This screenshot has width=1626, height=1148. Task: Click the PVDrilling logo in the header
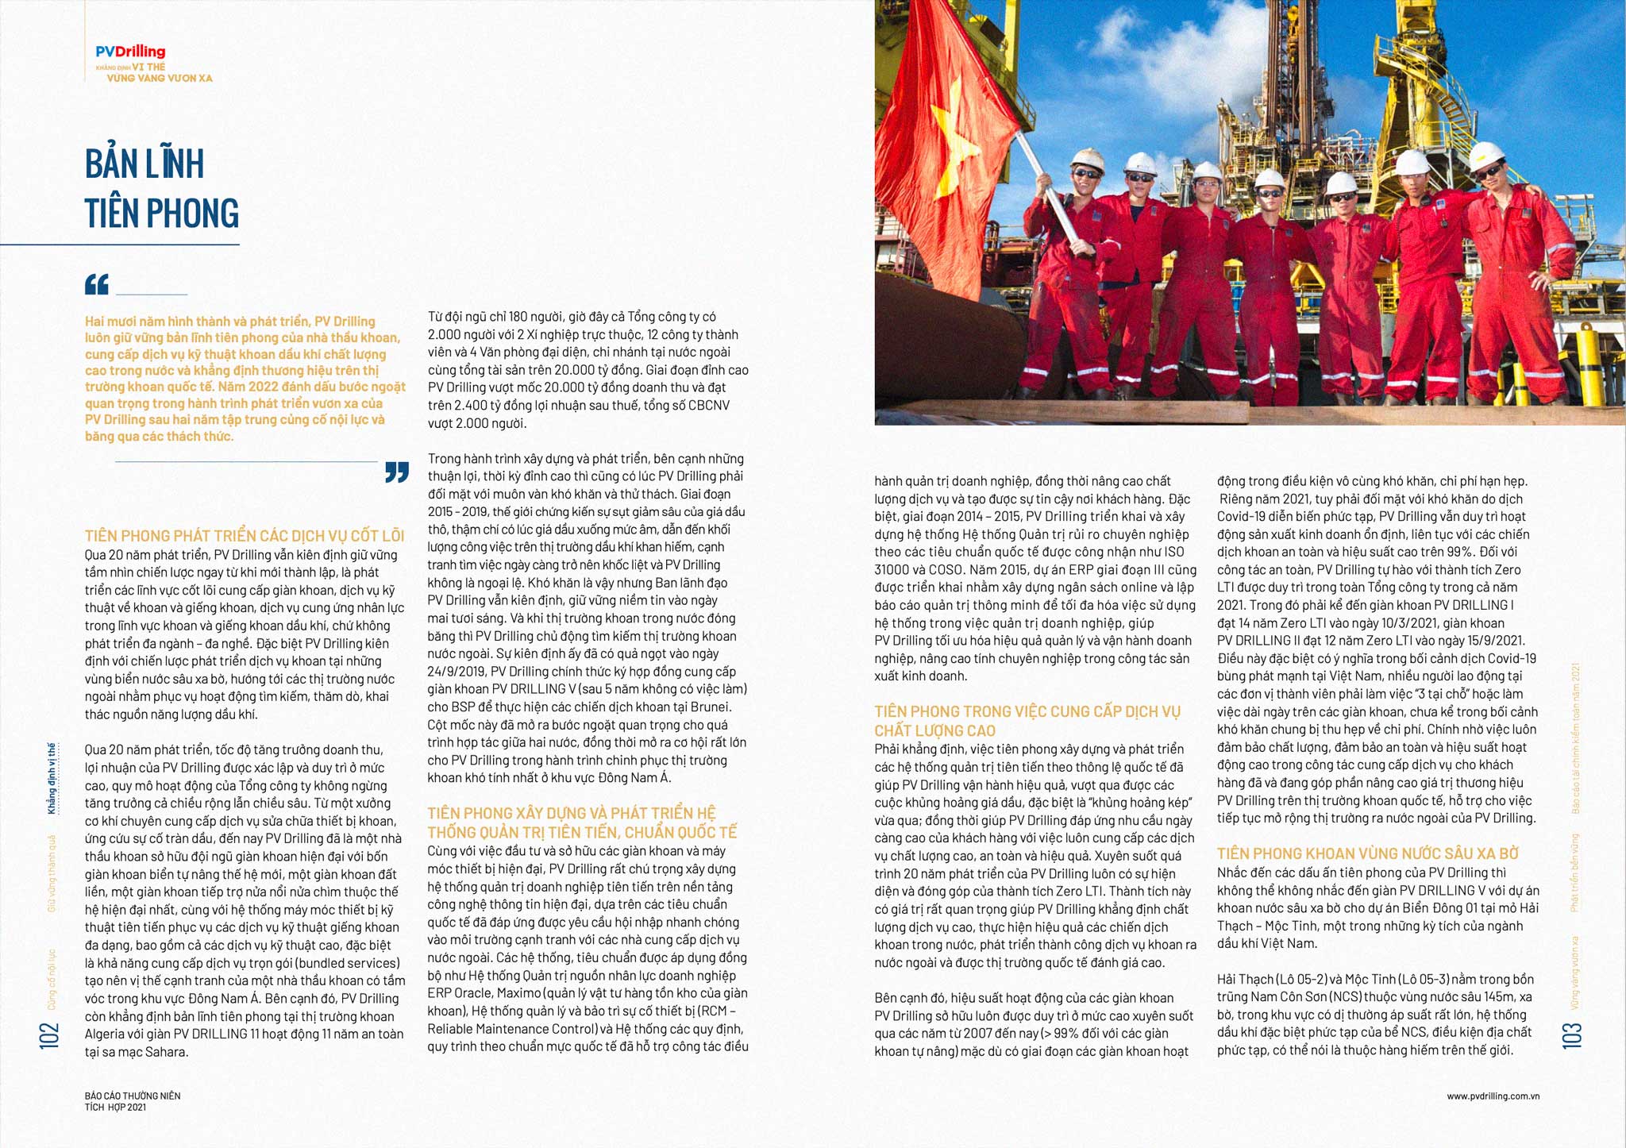[130, 52]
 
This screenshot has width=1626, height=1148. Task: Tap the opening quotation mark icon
[97, 284]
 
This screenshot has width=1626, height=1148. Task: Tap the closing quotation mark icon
[397, 472]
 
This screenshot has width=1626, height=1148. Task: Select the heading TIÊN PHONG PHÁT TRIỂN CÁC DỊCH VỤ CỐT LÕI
[245, 536]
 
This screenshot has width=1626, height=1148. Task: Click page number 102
[49, 1035]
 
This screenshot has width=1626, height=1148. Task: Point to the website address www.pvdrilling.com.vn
[1493, 1096]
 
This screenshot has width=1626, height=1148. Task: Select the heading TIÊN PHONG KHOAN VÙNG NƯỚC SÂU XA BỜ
[1367, 853]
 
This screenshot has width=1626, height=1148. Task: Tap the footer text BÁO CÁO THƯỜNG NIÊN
[133, 1096]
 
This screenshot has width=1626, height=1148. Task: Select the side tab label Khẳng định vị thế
[52, 779]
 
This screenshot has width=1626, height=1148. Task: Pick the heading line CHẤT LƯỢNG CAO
[934, 730]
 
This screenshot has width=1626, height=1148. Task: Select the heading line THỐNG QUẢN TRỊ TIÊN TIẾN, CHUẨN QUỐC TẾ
[582, 832]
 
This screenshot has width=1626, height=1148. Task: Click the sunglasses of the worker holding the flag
[1086, 173]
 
